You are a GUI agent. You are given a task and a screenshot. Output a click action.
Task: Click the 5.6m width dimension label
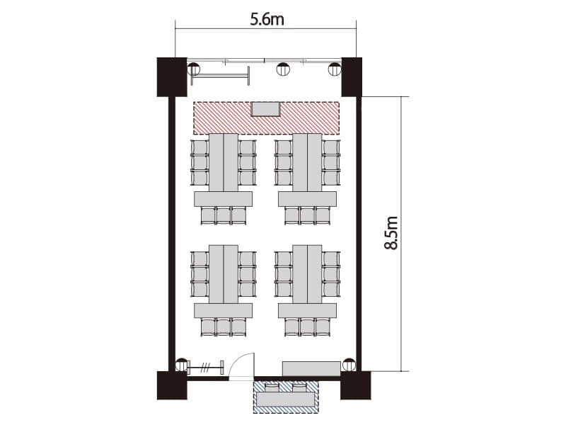pyautogui.click(x=267, y=20)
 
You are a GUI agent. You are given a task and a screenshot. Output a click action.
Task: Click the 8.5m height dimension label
pyautogui.click(x=391, y=233)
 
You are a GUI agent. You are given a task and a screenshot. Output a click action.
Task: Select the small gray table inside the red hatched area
pyautogui.click(x=265, y=109)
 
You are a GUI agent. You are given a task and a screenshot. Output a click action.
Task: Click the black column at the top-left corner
pyautogui.click(x=172, y=77)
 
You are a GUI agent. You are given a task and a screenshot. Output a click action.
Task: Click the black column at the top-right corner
pyautogui.click(x=352, y=77)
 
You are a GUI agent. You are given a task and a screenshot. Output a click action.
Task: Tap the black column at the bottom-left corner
pyautogui.click(x=172, y=385)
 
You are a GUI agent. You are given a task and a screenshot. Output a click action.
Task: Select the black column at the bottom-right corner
pyautogui.click(x=356, y=385)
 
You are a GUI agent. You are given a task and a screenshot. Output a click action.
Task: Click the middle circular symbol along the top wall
pyautogui.click(x=284, y=69)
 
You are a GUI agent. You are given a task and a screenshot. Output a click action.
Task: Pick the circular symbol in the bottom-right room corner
pyautogui.click(x=349, y=365)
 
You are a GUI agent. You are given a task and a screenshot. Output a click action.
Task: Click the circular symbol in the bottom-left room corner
pyautogui.click(x=182, y=365)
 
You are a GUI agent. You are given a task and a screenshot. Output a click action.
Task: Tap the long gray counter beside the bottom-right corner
pyautogui.click(x=311, y=368)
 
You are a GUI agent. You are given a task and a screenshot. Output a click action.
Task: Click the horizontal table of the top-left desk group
pyautogui.click(x=223, y=199)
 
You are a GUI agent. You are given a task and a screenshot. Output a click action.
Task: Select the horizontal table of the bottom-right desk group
pyautogui.click(x=307, y=310)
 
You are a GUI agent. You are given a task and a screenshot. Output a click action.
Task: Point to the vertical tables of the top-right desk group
pyautogui.click(x=307, y=163)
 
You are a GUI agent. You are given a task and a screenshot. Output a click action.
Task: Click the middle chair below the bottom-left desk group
pyautogui.click(x=224, y=327)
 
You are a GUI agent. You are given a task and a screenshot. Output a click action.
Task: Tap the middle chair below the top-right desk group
pyautogui.click(x=307, y=216)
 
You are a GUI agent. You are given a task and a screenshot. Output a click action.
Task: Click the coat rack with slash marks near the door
pyautogui.click(x=205, y=368)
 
